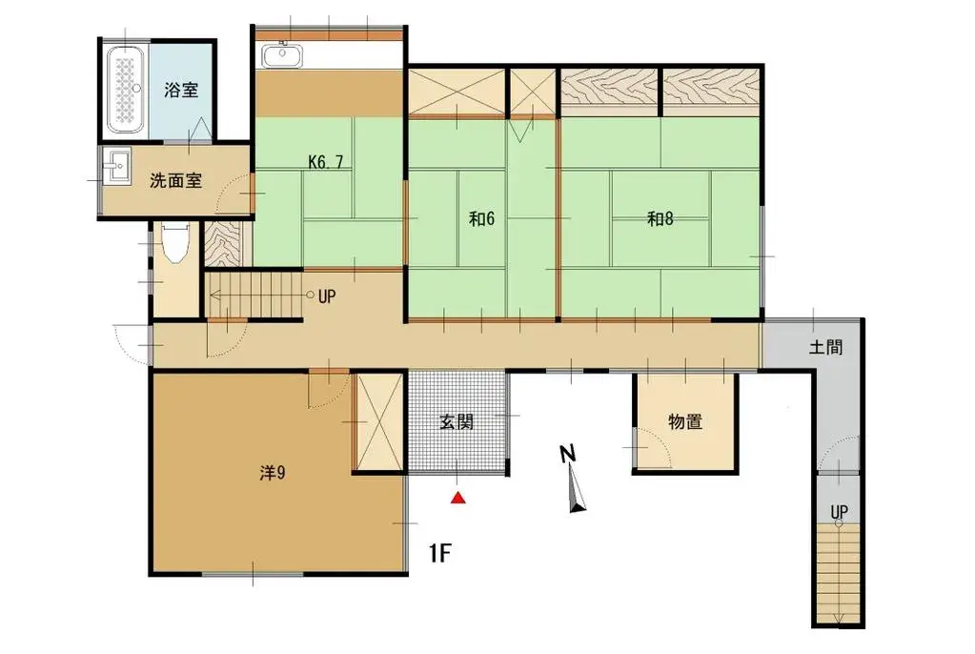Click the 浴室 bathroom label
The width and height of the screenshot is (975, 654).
(181, 92)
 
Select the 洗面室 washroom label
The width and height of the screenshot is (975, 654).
(176, 181)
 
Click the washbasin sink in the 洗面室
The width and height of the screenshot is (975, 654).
(117, 167)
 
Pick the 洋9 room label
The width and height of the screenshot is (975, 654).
(274, 472)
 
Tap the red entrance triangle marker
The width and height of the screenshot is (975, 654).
(458, 497)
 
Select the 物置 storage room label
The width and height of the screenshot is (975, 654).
(686, 422)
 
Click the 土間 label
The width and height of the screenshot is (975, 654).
(825, 348)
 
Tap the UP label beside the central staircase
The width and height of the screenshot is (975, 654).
(327, 296)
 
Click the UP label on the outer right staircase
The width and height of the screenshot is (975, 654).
(839, 513)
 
